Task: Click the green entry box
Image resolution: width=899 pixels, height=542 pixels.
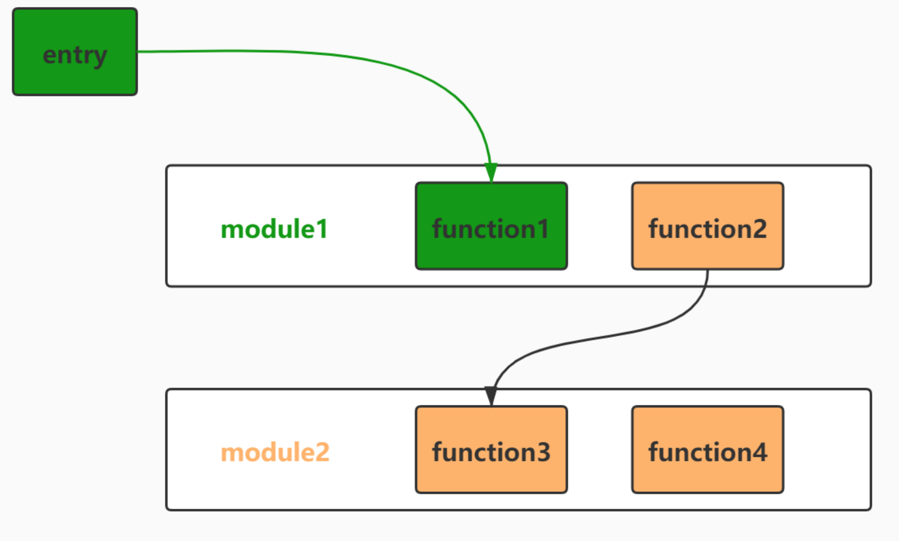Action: tap(75, 52)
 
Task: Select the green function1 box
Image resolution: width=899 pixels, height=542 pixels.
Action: tap(491, 226)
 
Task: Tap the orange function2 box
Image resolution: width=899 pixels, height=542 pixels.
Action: tap(707, 226)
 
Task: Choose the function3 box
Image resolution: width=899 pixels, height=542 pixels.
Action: tap(491, 450)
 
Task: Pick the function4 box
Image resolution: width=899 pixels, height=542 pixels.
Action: tap(707, 450)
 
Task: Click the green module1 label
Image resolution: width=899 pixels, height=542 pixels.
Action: tap(274, 229)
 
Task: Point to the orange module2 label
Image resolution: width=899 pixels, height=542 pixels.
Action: tap(275, 453)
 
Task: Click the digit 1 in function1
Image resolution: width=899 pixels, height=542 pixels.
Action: tap(543, 229)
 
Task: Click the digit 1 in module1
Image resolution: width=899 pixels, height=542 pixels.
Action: tap(322, 229)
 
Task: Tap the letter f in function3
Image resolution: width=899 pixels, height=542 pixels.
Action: tap(438, 452)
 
